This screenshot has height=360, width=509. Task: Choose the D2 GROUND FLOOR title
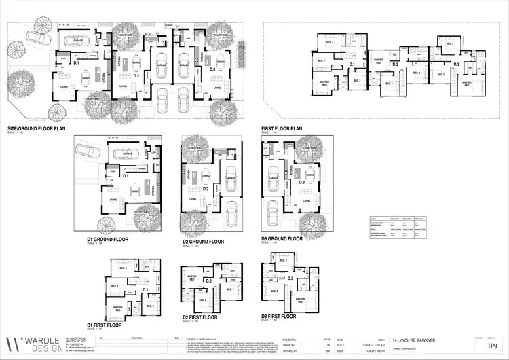[203, 241]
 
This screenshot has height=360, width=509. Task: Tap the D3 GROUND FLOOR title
[282, 239]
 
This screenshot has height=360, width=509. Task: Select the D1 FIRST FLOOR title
[100, 325]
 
